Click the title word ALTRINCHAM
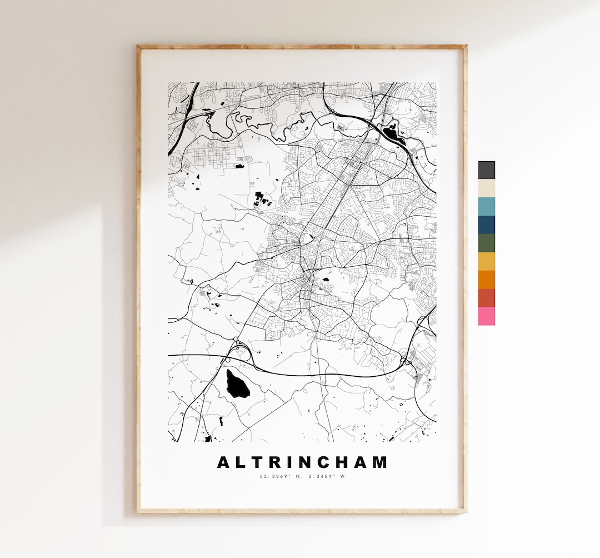[302, 462]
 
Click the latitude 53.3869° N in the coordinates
[280, 476]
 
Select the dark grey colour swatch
[486, 170]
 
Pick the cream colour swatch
[486, 188]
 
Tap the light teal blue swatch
[486, 206]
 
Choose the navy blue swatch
[486, 225]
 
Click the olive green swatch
[486, 243]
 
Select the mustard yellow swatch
[486, 261]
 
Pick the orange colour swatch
[486, 280]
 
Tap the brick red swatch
[486, 298]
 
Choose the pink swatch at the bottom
[486, 316]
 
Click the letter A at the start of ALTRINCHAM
[223, 462]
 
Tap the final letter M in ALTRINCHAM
[379, 462]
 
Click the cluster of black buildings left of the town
[260, 198]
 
